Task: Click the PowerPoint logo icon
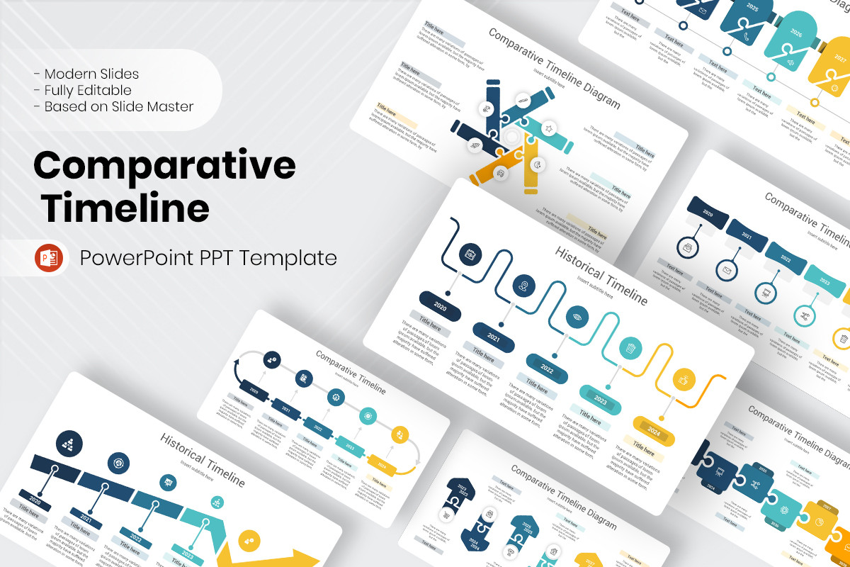coord(49,258)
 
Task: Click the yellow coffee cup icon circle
coord(684,379)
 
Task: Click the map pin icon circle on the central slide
coord(524,285)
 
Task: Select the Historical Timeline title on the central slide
coord(601,275)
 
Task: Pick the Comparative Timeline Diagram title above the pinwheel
coord(554,69)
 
